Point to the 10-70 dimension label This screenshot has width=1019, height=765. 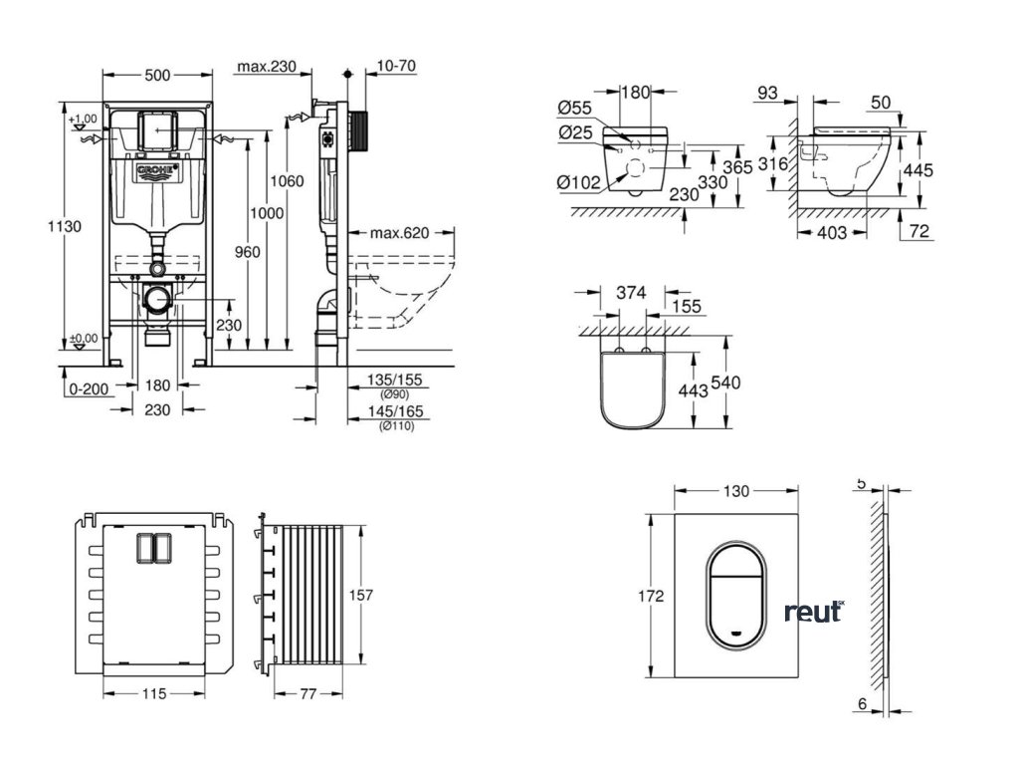(397, 67)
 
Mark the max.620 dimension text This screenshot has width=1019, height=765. (399, 234)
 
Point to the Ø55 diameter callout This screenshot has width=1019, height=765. (576, 107)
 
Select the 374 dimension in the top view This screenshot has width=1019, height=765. (631, 293)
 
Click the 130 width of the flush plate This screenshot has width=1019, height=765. (735, 491)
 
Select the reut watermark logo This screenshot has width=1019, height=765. (813, 612)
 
